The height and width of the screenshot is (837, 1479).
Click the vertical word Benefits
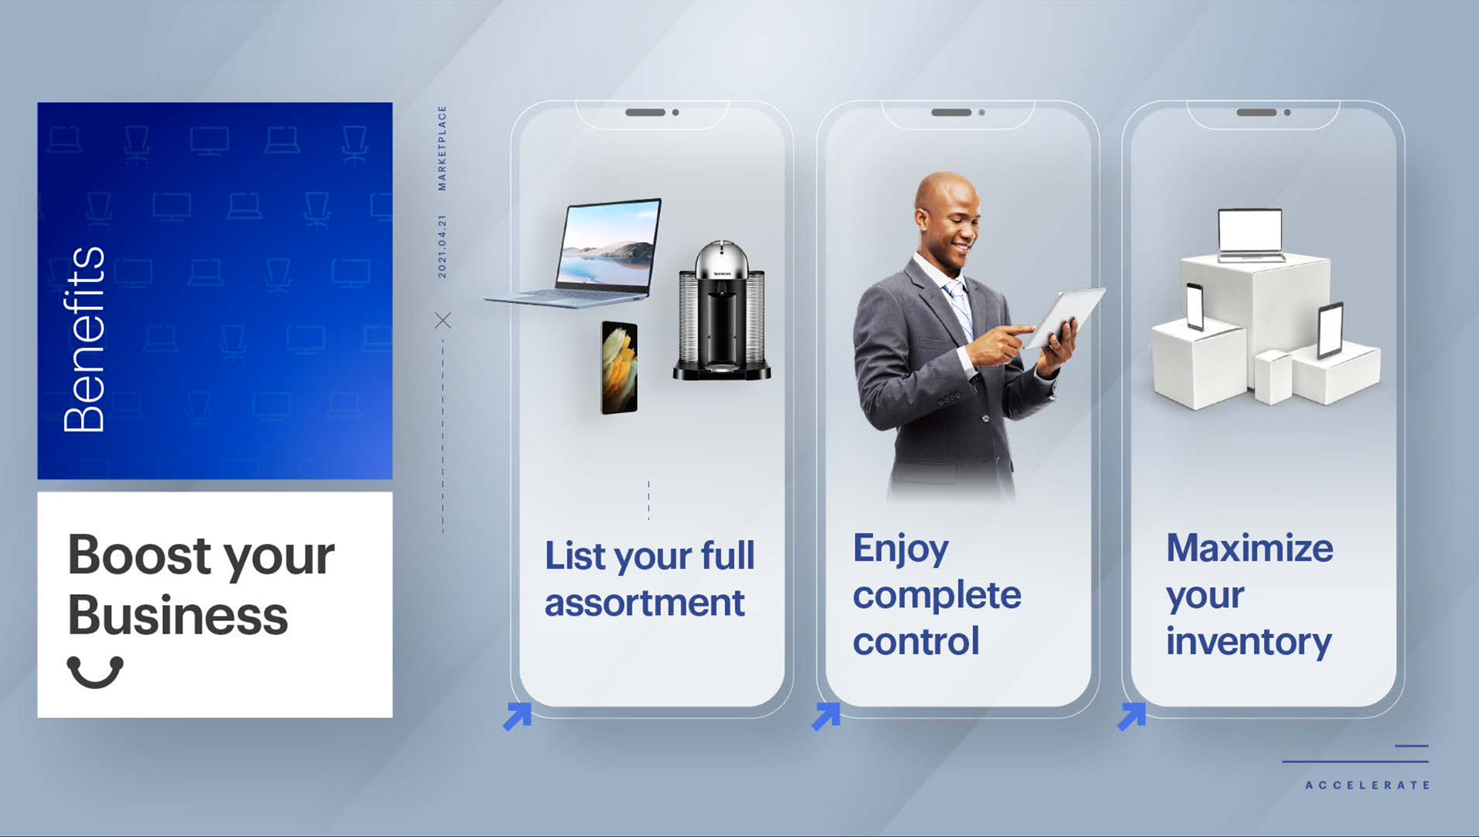pyautogui.click(x=84, y=339)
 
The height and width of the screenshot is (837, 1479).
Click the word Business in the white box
pyautogui.click(x=178, y=616)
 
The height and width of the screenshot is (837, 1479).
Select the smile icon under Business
pyautogui.click(x=96, y=672)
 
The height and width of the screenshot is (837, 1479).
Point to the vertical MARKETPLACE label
pyautogui.click(x=442, y=148)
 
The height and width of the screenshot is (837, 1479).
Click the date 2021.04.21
pyautogui.click(x=442, y=247)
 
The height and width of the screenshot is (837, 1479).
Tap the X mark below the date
pyautogui.click(x=443, y=320)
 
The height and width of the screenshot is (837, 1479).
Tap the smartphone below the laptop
pyautogui.click(x=619, y=368)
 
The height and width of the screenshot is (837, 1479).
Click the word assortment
pyautogui.click(x=645, y=603)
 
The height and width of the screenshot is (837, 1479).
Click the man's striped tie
pyautogui.click(x=960, y=308)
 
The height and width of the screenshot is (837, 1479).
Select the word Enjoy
pyautogui.click(x=900, y=550)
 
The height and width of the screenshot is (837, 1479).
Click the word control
pyautogui.click(x=916, y=641)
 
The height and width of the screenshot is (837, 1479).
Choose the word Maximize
pyautogui.click(x=1249, y=548)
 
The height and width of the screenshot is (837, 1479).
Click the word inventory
pyautogui.click(x=1249, y=642)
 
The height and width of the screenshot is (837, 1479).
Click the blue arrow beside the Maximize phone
pyautogui.click(x=1132, y=716)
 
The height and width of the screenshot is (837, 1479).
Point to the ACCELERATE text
pyautogui.click(x=1367, y=785)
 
